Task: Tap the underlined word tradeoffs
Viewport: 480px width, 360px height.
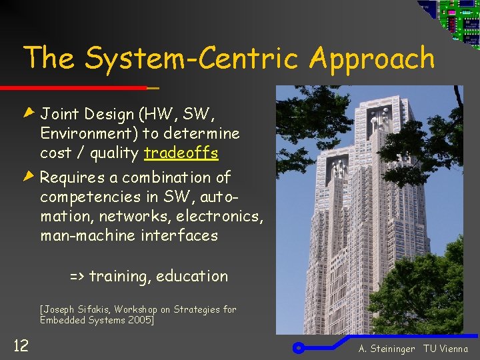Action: pyautogui.click(x=181, y=153)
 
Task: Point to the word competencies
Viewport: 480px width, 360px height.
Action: pyautogui.click(x=89, y=197)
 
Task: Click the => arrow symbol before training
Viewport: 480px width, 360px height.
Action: pyautogui.click(x=77, y=276)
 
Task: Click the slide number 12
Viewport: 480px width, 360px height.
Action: pyautogui.click(x=21, y=345)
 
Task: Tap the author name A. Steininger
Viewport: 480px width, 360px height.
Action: pyautogui.click(x=387, y=349)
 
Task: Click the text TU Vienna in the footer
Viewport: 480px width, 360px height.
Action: pyautogui.click(x=445, y=349)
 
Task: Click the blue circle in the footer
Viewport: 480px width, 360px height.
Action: pyautogui.click(x=299, y=347)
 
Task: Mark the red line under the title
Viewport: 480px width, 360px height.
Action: pyautogui.click(x=73, y=88)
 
